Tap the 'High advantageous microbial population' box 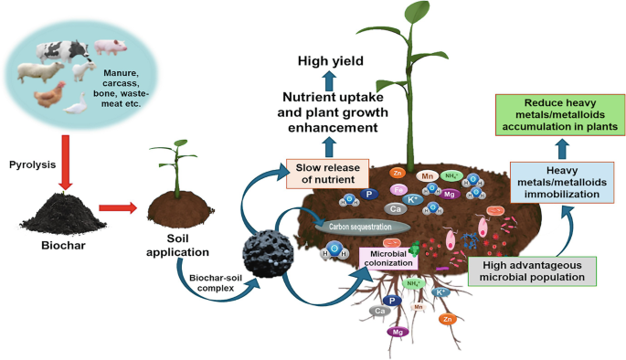[531, 270]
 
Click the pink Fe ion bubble [398, 189]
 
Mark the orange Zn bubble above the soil [397, 171]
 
